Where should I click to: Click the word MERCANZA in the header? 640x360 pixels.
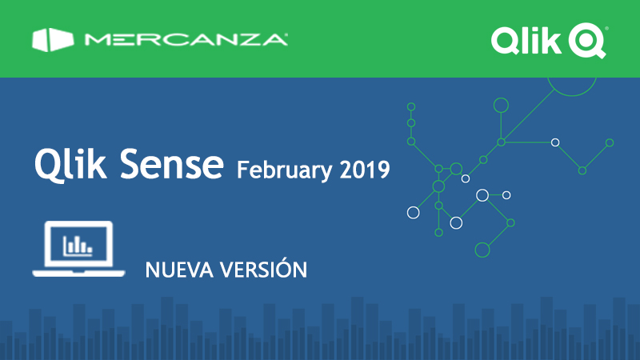(186, 39)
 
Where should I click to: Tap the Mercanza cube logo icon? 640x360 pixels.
(53, 39)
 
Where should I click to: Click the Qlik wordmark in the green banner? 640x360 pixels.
(526, 41)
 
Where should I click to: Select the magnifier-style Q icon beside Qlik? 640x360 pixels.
(587, 41)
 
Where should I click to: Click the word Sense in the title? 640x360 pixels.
(171, 164)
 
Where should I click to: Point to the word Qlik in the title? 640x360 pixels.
(70, 164)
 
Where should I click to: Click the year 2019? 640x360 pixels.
(365, 170)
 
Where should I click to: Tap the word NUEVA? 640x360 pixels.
(178, 270)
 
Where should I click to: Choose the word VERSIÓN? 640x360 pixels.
(264, 269)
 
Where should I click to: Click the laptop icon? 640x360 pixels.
(78, 249)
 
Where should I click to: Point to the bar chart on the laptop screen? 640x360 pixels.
(78, 246)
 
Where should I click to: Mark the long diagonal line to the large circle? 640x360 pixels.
(528, 115)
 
